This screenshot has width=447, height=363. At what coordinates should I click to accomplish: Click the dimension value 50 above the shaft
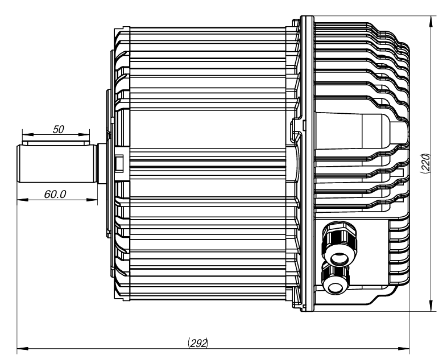58,130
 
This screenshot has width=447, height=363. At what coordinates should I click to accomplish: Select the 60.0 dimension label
55,193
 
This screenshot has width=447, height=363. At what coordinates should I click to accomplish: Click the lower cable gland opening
335,279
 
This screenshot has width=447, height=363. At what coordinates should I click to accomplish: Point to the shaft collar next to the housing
102,164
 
